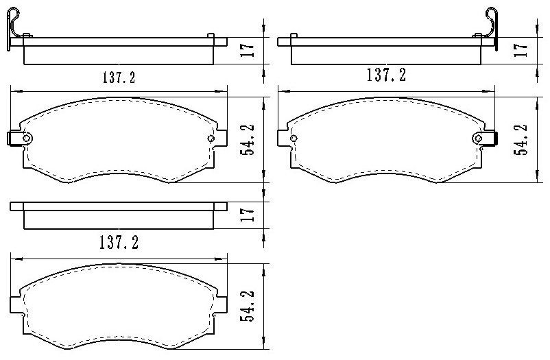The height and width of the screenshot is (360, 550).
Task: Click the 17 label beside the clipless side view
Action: (x=248, y=215)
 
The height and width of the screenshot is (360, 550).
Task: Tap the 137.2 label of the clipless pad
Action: (x=119, y=243)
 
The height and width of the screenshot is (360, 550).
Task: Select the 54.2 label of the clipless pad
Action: (x=248, y=306)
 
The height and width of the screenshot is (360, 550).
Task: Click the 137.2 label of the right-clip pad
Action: (x=386, y=75)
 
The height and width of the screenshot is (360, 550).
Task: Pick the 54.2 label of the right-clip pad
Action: (x=521, y=139)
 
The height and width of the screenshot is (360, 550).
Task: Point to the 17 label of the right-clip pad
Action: (x=521, y=50)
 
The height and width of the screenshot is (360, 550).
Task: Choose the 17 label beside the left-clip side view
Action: (x=248, y=50)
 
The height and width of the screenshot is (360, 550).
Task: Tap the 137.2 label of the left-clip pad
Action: (x=119, y=77)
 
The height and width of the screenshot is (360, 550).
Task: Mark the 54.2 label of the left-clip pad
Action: (x=248, y=140)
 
